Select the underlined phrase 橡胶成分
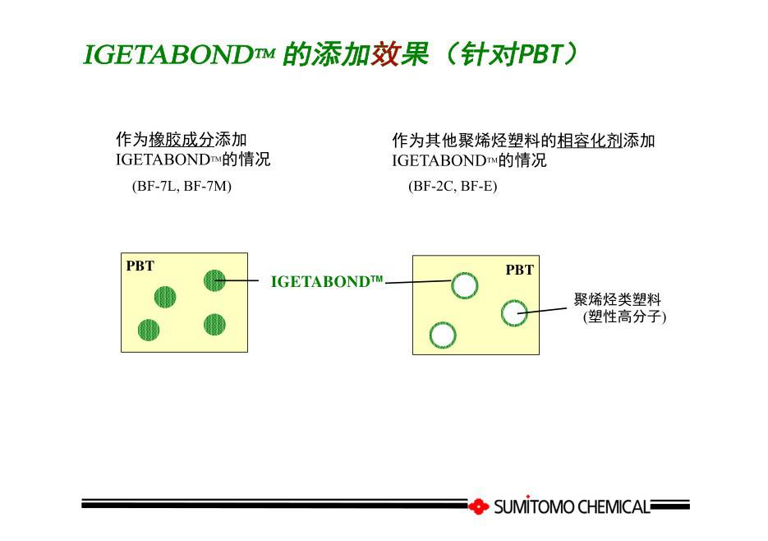pyautogui.click(x=182, y=140)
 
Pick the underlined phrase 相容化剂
pyautogui.click(x=590, y=141)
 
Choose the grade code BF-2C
pyautogui.click(x=433, y=187)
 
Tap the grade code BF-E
pyautogui.click(x=476, y=187)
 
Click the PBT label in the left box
pyautogui.click(x=140, y=266)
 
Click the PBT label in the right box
pyautogui.click(x=519, y=270)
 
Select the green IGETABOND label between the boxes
pyautogui.click(x=327, y=281)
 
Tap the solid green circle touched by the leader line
pyautogui.click(x=214, y=280)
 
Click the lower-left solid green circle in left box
pyautogui.click(x=149, y=330)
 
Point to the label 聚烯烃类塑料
pyautogui.click(x=618, y=299)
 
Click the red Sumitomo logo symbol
pyautogui.click(x=479, y=506)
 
